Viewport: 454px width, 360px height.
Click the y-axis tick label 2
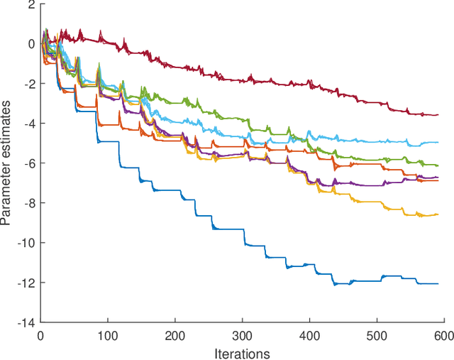tap(31, 5)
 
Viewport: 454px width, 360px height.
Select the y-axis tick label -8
tap(28, 204)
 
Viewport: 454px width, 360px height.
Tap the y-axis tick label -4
tap(28, 124)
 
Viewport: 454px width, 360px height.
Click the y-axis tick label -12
tap(26, 283)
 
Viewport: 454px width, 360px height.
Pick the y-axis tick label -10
tap(26, 244)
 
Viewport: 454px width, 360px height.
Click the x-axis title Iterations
tap(242, 351)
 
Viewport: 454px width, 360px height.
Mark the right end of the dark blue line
tap(438, 283)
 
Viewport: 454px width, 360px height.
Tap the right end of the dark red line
tap(438, 114)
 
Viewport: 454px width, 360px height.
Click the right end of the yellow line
tap(438, 214)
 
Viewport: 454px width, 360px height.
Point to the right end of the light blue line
tap(438, 143)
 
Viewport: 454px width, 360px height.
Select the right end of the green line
tap(438, 165)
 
